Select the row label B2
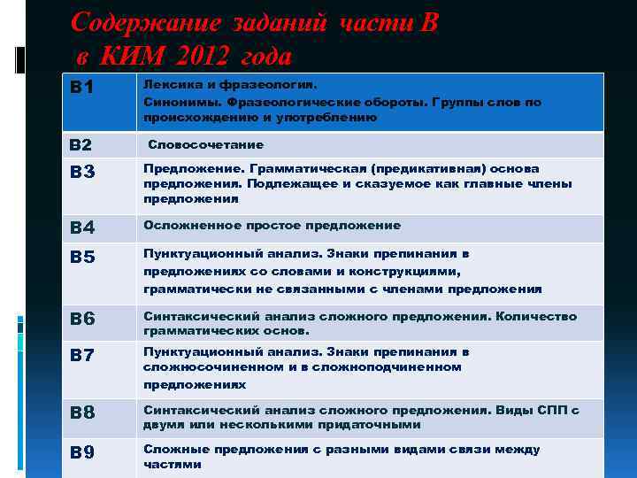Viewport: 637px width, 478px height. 81,145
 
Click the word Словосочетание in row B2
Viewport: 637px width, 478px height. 205,144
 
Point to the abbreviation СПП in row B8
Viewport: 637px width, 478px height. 553,410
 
